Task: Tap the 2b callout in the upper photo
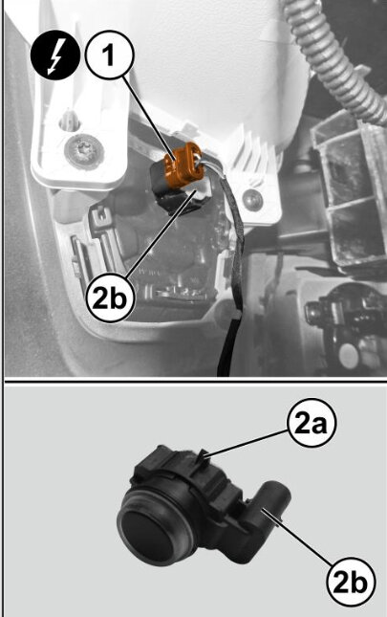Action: [111, 299]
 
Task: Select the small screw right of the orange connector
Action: [252, 201]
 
